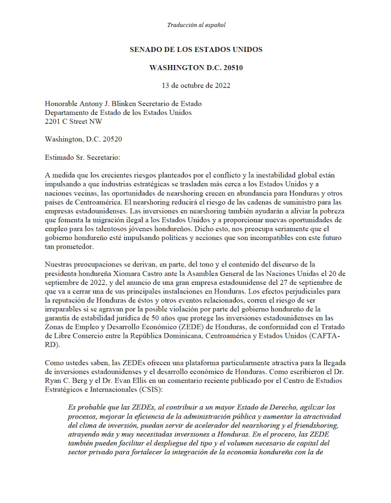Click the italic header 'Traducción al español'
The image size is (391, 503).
[196, 25]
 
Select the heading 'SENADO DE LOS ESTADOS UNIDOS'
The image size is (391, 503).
[196, 50]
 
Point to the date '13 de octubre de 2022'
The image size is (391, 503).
[196, 85]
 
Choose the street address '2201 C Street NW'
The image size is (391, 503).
[75, 122]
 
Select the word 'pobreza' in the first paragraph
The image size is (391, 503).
[334, 210]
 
